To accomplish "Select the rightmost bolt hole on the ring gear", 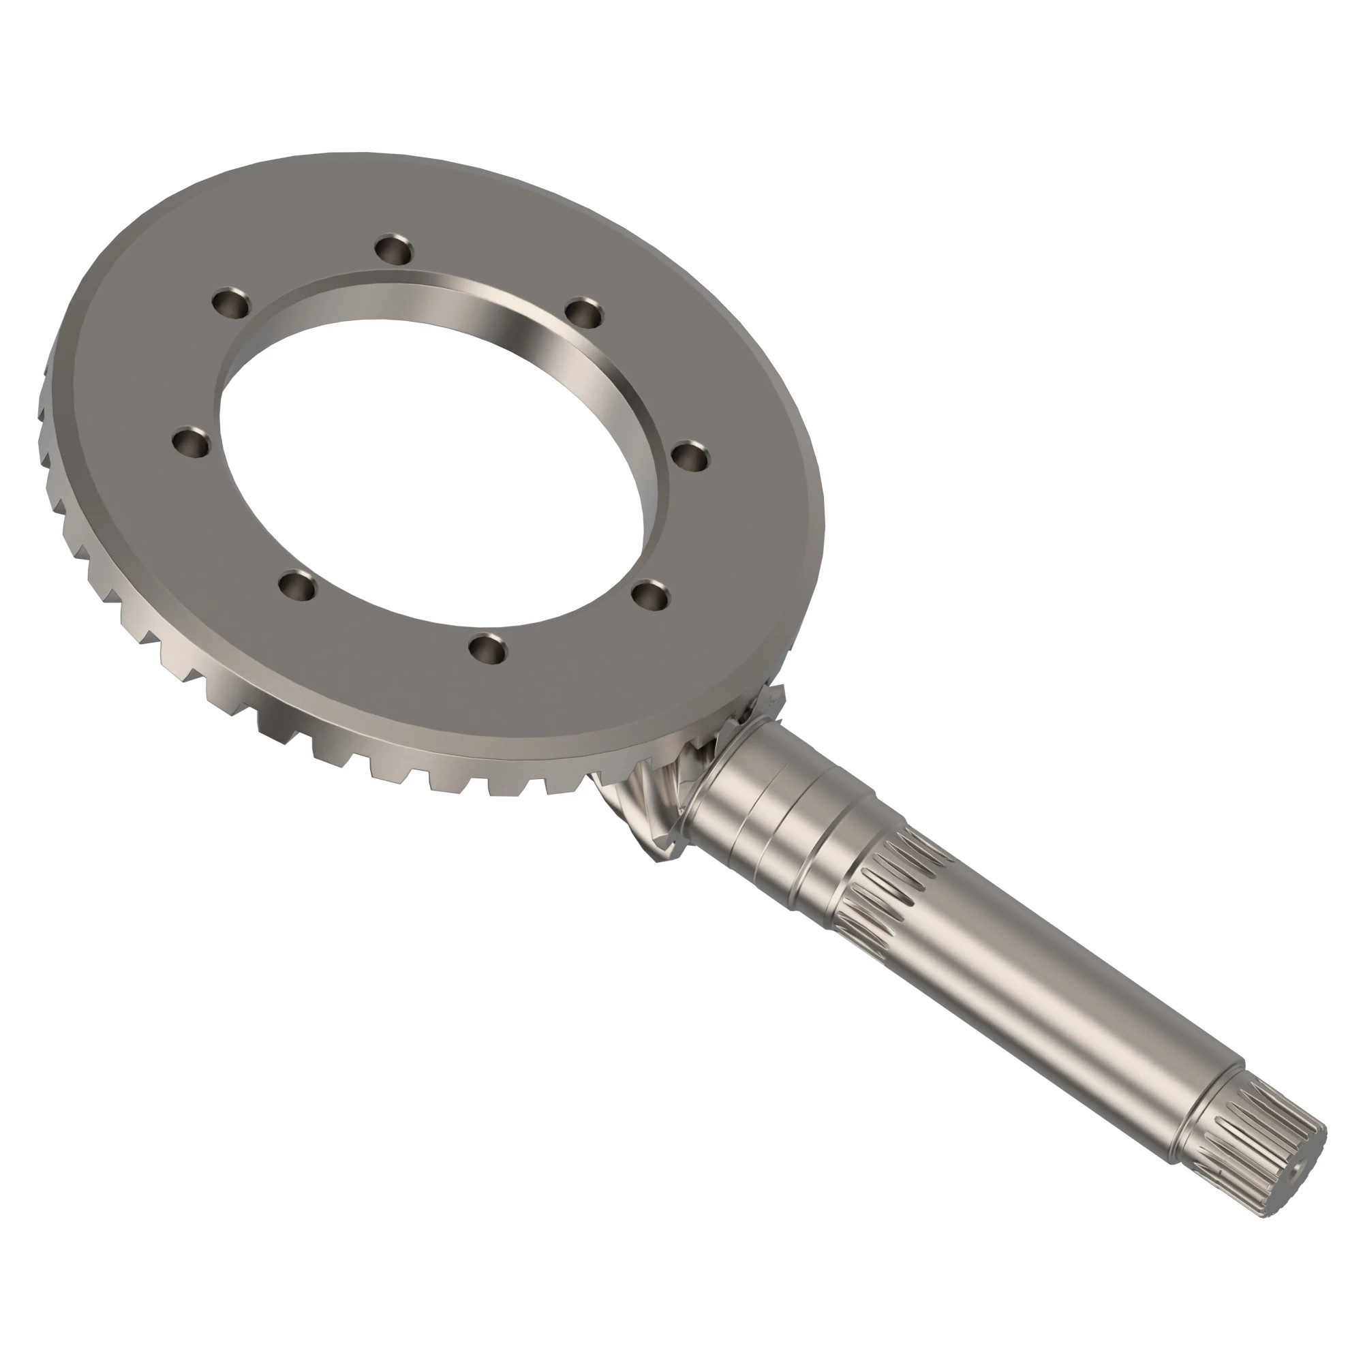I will click(x=690, y=457).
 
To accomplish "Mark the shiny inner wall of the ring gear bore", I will click(x=536, y=332).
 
